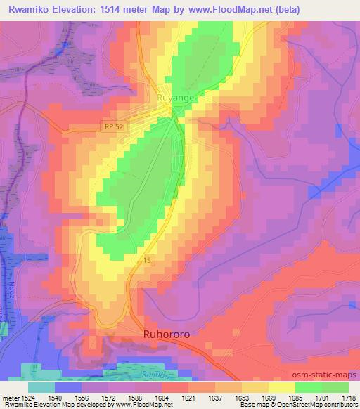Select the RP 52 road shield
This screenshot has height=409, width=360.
pos(108,125)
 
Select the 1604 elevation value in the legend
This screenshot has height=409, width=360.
pos(160,397)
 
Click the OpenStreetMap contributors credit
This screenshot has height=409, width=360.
pos(324,405)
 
